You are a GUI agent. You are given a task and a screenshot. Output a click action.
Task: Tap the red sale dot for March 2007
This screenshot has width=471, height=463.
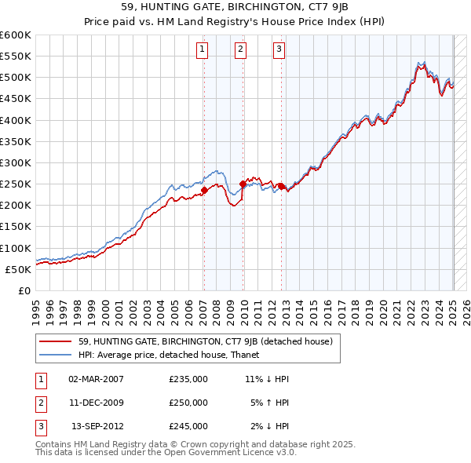tap(204, 190)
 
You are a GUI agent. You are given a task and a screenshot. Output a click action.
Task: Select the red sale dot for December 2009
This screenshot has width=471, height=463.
tap(243, 184)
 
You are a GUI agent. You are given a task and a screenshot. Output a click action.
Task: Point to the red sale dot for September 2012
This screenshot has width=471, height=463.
tap(281, 186)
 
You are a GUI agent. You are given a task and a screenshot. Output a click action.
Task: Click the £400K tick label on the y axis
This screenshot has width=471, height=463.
tap(16, 120)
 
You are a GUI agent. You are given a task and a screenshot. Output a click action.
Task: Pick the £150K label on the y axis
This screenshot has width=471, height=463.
tap(16, 227)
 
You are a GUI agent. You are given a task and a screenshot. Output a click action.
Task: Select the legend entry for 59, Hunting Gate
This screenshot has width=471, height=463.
tap(206, 341)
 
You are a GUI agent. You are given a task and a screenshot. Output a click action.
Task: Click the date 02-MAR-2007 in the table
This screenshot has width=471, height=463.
tap(96, 378)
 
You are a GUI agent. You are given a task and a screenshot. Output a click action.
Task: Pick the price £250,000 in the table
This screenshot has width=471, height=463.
tap(188, 403)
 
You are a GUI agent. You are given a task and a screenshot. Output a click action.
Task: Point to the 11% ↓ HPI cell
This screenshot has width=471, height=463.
tap(268, 378)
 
